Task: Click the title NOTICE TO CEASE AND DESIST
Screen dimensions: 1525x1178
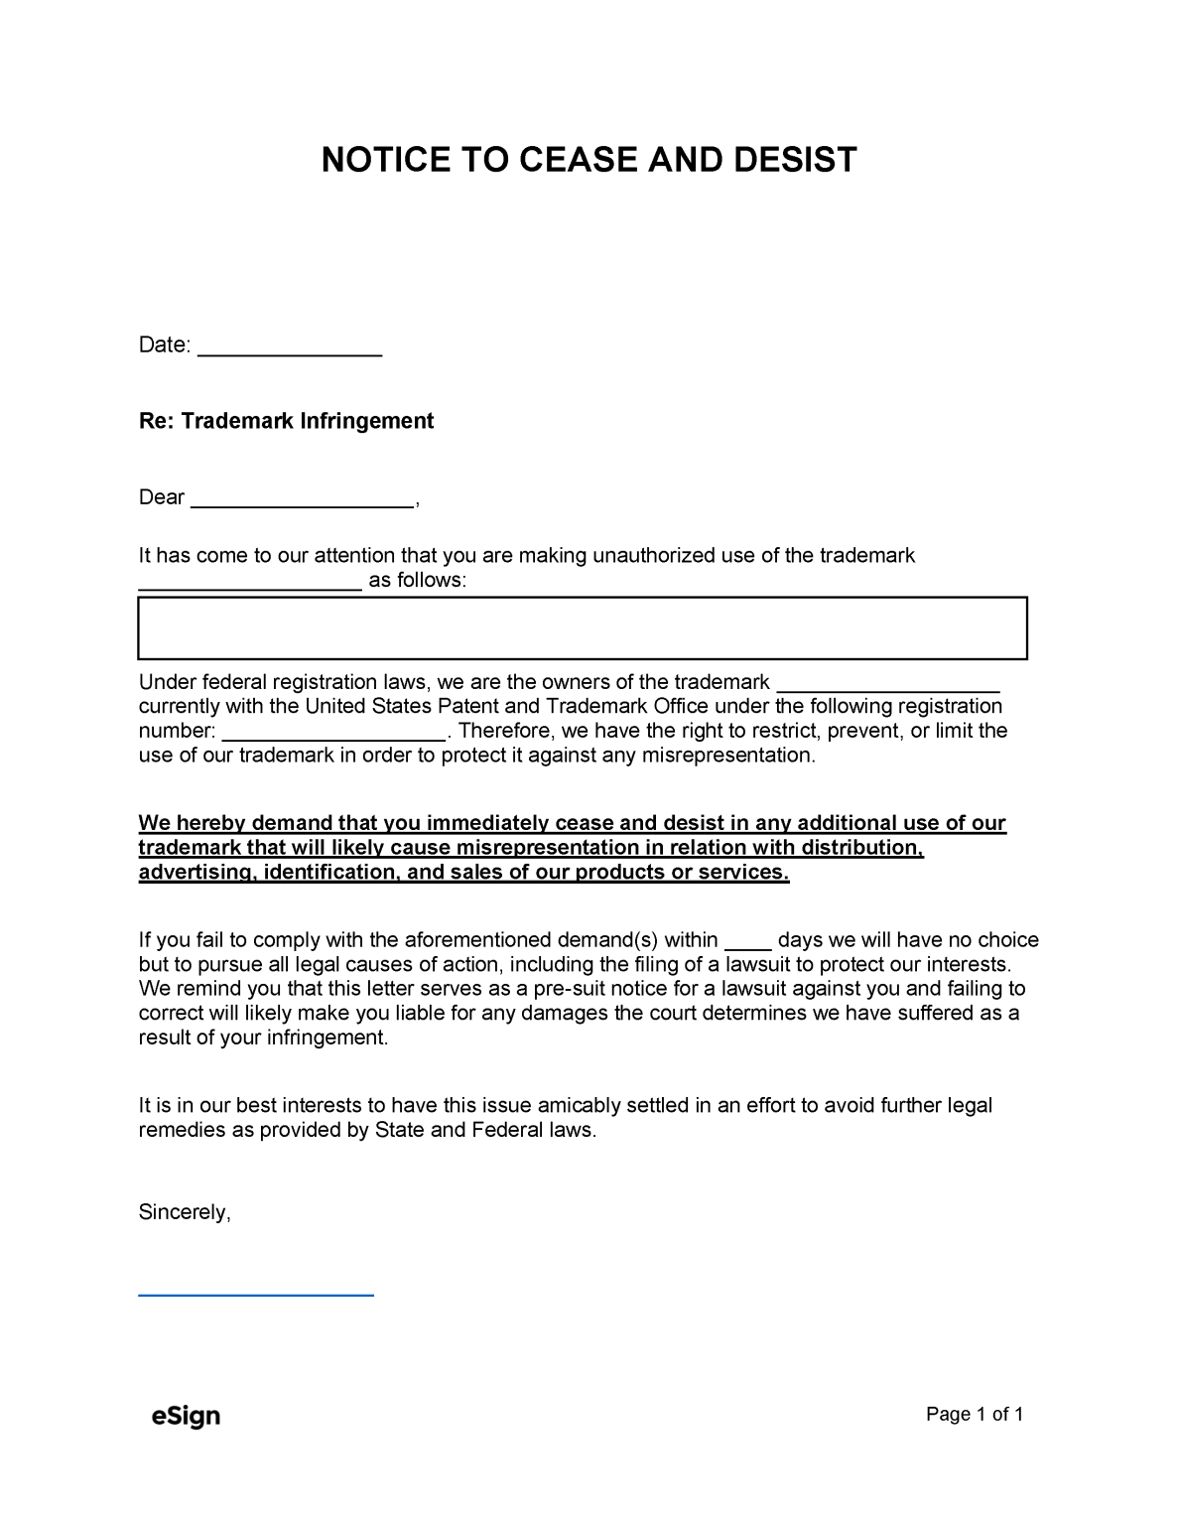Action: (x=589, y=159)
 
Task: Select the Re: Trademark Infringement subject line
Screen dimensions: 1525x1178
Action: (x=286, y=421)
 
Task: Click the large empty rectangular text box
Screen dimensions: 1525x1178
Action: (x=582, y=628)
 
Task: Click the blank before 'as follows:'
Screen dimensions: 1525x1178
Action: (x=249, y=587)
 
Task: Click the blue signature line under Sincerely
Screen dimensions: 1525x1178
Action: (x=256, y=1295)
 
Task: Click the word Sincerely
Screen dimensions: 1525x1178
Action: (x=185, y=1212)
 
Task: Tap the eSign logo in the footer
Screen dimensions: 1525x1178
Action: (x=186, y=1416)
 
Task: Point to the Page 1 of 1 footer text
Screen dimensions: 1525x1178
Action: (x=974, y=1415)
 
